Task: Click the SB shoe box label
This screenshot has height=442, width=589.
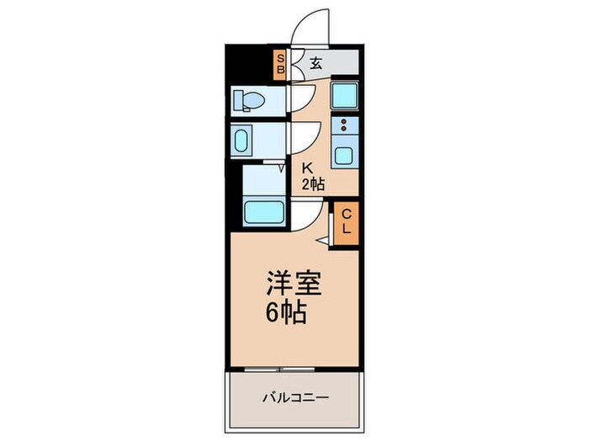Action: [281, 63]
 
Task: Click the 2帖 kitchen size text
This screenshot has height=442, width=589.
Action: [313, 184]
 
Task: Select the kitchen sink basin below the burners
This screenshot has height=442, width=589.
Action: [344, 155]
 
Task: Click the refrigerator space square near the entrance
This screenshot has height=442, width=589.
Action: [344, 95]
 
